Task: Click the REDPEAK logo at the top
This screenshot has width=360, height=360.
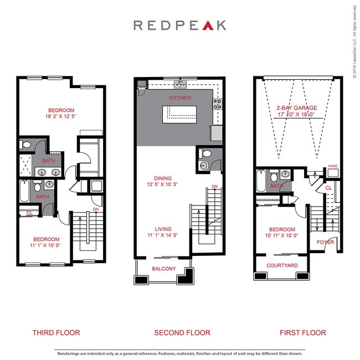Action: [x=180, y=25]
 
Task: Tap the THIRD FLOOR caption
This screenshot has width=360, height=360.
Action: [x=56, y=333]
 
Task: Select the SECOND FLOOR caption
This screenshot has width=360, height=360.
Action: [x=182, y=333]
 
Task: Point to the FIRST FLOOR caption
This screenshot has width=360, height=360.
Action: [x=303, y=333]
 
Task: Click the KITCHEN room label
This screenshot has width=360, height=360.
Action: [x=180, y=98]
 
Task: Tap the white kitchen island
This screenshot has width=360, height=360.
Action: [x=178, y=114]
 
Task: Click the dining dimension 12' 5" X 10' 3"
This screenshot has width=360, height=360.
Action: [x=160, y=184]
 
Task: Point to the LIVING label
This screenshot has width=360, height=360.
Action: [x=163, y=229]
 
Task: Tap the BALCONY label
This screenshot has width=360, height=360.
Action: [x=163, y=269]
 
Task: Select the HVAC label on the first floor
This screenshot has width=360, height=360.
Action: [x=333, y=166]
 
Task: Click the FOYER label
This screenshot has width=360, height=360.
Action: [x=325, y=243]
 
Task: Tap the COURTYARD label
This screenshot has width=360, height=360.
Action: [x=282, y=266]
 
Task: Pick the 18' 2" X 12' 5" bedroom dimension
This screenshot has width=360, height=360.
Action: [x=61, y=117]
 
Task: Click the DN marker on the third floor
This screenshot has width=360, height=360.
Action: [x=96, y=209]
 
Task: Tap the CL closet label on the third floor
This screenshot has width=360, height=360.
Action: [x=29, y=213]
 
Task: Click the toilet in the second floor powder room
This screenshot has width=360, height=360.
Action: [x=206, y=154]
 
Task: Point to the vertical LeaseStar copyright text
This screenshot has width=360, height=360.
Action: [x=355, y=41]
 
